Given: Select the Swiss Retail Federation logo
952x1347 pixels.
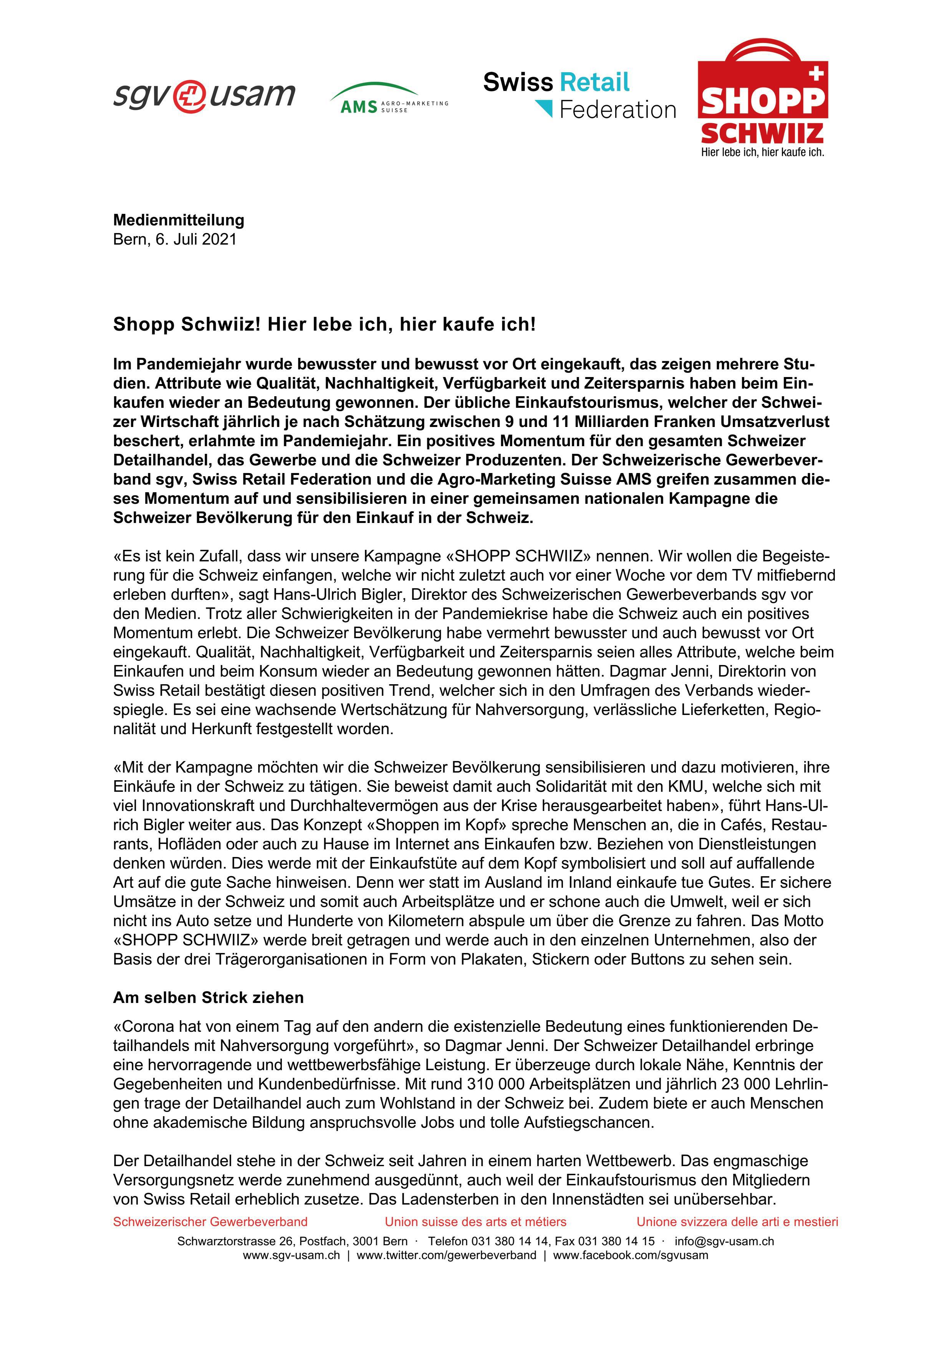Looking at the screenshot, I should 579,95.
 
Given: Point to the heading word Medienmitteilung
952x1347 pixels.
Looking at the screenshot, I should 178,220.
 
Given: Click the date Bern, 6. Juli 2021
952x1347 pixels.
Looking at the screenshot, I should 174,239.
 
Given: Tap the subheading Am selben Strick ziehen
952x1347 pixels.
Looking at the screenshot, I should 208,997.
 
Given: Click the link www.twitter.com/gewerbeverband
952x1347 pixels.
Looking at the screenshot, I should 446,1256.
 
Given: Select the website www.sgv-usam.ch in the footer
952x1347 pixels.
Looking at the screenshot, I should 291,1256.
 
